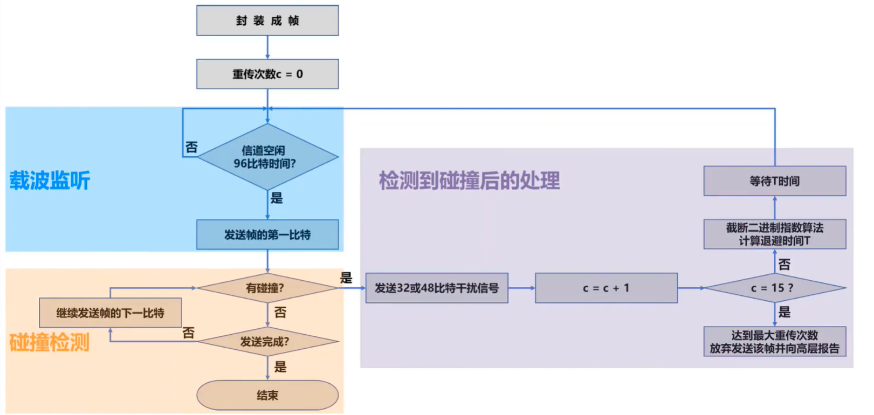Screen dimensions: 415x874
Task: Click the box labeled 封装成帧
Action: tap(267, 20)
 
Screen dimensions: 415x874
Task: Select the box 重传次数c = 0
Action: tap(267, 74)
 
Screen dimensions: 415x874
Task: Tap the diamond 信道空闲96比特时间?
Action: tap(267, 157)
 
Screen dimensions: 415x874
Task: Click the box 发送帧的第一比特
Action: tap(267, 234)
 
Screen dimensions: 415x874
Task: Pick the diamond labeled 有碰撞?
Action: tap(267, 288)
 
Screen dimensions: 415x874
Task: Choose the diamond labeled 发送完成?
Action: tap(267, 342)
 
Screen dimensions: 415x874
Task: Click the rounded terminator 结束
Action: tap(267, 395)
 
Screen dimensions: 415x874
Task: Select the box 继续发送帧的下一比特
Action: tap(111, 313)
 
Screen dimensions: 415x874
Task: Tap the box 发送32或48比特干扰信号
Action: tap(437, 288)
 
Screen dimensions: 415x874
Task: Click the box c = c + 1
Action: tap(606, 288)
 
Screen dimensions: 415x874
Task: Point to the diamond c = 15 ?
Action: tap(774, 288)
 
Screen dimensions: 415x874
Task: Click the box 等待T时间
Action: tap(774, 181)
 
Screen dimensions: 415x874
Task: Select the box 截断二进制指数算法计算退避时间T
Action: tap(774, 234)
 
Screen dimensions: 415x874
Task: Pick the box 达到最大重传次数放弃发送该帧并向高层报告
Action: tap(774, 342)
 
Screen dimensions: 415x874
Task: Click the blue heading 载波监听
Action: tap(50, 181)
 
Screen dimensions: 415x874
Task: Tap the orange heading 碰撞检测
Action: tap(50, 342)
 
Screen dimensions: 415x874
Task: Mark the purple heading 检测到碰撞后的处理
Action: tap(469, 181)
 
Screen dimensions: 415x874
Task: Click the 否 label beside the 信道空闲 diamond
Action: tap(191, 147)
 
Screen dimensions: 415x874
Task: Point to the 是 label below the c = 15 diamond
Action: tap(784, 312)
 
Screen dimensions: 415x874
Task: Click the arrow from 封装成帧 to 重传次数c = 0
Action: tap(267, 47)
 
